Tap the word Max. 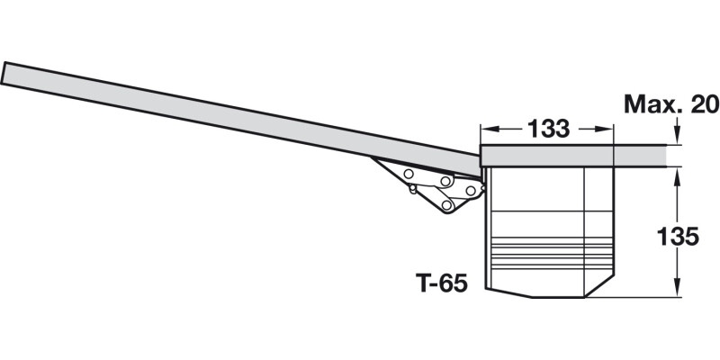click(x=646, y=105)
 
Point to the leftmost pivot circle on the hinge click(x=409, y=172)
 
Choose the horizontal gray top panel click(x=576, y=156)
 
